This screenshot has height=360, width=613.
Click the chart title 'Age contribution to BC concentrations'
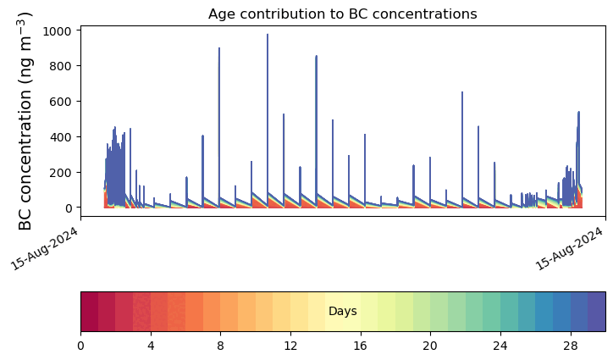tap(342, 14)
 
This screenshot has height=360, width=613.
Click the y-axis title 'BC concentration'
tap(25, 121)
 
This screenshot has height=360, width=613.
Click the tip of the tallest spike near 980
tap(268, 35)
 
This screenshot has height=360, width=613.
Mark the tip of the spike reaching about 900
tap(219, 48)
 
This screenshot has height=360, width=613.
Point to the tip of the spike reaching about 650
tap(462, 92)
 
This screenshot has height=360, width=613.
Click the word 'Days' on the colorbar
tap(342, 312)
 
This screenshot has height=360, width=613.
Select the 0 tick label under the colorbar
tap(80, 346)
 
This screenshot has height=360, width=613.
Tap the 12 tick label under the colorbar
tap(290, 346)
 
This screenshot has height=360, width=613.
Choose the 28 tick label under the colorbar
tap(570, 346)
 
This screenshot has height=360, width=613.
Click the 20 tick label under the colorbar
tap(430, 346)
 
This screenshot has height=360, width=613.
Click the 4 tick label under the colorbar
tap(151, 346)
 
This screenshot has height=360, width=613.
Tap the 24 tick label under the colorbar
tap(500, 346)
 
